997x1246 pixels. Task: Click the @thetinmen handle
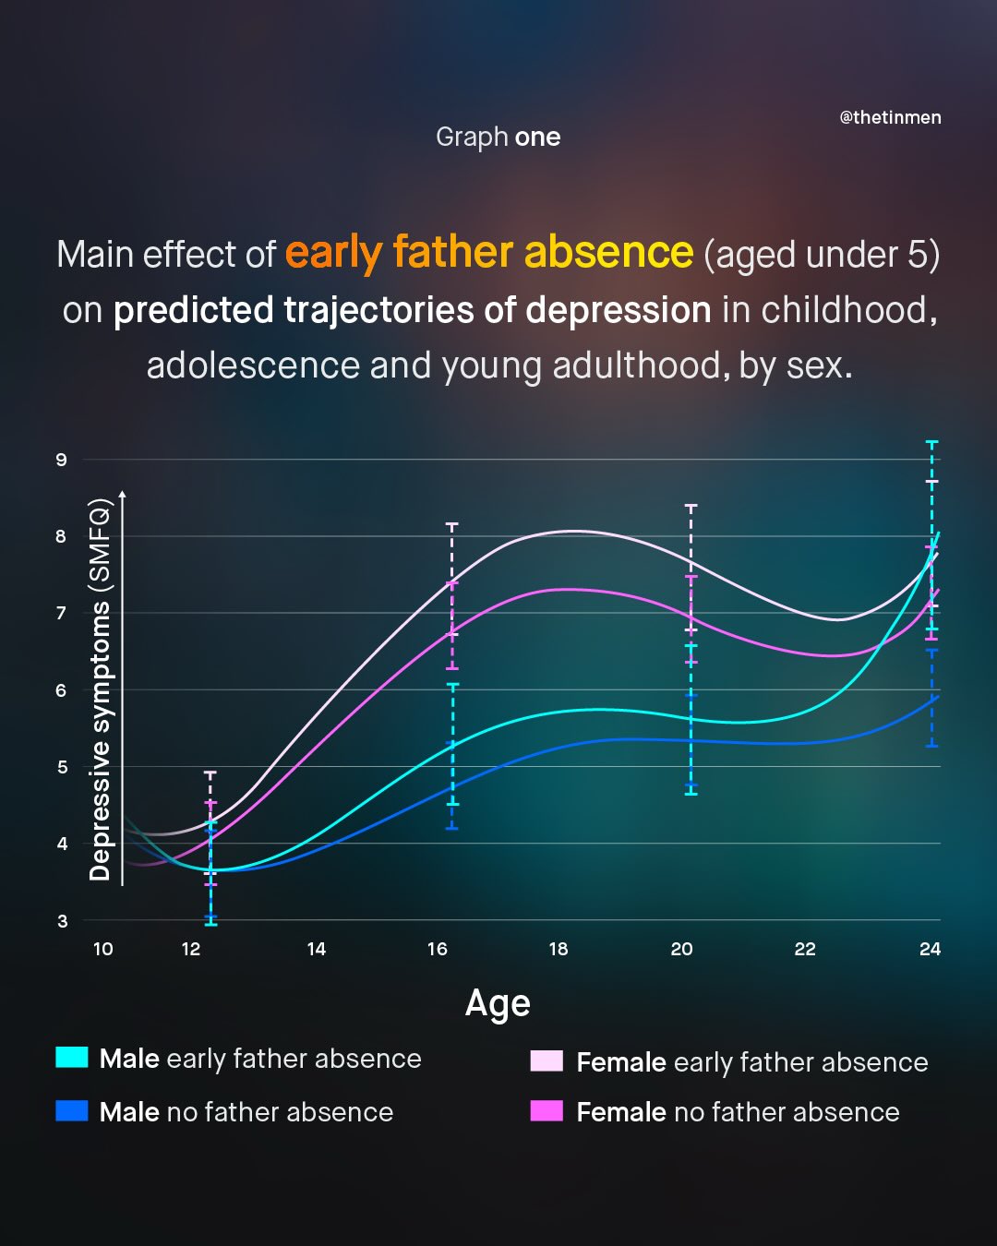coord(890,117)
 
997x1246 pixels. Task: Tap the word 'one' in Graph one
coord(537,138)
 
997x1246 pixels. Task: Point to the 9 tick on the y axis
coord(62,460)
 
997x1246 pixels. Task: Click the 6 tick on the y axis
coord(62,690)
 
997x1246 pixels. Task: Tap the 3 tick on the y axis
coord(62,921)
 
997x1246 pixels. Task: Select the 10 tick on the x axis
coord(103,949)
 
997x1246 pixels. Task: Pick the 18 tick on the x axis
coord(559,949)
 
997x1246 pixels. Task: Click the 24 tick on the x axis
coord(930,949)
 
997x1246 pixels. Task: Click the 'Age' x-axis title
coord(498,1003)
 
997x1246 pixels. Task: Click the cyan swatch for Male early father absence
coord(72,1058)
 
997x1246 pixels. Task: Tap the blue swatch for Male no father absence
coord(72,1111)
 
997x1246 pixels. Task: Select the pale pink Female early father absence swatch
coord(547,1061)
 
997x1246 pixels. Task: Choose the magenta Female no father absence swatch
coord(547,1111)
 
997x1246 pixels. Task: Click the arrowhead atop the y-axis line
coord(123,496)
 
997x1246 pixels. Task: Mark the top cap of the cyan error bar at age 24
coord(932,443)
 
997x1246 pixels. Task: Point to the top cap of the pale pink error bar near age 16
coord(452,524)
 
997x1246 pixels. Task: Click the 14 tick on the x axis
coord(317,949)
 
